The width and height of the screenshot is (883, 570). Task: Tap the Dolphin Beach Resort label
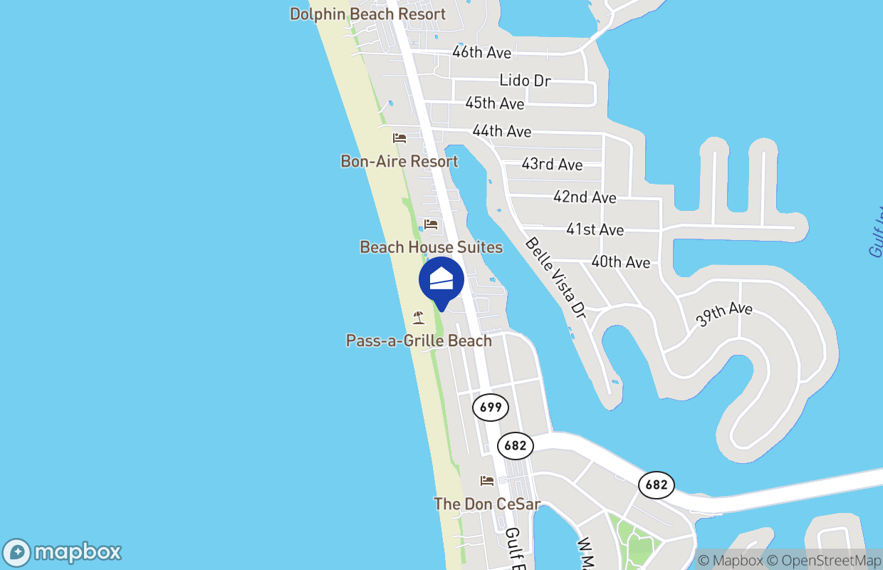(367, 14)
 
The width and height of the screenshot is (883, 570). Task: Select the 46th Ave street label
(481, 53)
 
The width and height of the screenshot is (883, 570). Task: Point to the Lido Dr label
(525, 81)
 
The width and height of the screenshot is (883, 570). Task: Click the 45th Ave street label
(494, 103)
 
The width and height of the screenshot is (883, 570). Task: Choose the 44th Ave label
(501, 131)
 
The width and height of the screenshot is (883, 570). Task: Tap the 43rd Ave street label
(552, 165)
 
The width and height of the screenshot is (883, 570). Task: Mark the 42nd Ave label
(585, 197)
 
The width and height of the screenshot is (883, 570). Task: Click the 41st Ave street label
(595, 229)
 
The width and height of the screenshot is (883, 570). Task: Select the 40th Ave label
(620, 262)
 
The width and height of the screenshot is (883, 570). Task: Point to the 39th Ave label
(723, 314)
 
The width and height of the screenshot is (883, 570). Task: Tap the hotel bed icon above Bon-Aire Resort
(399, 138)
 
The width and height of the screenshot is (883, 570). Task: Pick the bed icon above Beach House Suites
(431, 224)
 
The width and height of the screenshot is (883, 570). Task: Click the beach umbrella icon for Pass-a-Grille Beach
(419, 318)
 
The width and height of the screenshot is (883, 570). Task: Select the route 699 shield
(491, 408)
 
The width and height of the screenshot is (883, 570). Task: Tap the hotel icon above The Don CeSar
(487, 481)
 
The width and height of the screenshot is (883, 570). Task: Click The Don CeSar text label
(487, 504)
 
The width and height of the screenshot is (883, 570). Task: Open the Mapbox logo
(62, 552)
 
